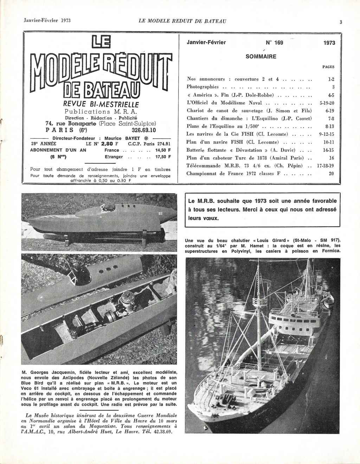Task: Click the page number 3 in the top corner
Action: [x=341, y=22]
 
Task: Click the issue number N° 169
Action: [x=274, y=43]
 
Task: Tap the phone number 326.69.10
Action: [x=133, y=129]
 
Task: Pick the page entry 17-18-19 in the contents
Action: [x=325, y=166]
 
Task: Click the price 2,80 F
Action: [x=110, y=144]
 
